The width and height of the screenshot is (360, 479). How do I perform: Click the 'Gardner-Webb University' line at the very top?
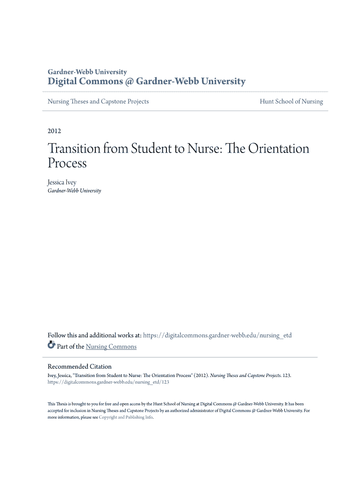click(x=87, y=72)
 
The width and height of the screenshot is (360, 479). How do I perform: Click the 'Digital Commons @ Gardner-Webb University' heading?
click(x=146, y=81)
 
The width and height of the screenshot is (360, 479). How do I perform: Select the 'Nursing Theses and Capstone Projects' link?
click(x=98, y=102)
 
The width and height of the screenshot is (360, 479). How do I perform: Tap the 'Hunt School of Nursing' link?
click(x=291, y=102)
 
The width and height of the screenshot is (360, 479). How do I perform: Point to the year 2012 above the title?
click(x=54, y=131)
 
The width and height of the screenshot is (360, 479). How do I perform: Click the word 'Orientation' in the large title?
click(x=279, y=149)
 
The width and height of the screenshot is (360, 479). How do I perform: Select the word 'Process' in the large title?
click(x=67, y=163)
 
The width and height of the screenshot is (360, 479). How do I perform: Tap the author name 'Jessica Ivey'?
click(x=62, y=182)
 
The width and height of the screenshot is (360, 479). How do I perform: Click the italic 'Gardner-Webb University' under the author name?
click(x=74, y=191)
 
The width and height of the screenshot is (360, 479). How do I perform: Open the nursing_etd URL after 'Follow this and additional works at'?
click(x=217, y=335)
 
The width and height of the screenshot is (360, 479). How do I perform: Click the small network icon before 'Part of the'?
click(x=51, y=346)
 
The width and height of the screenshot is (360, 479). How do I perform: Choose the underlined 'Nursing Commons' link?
click(x=111, y=347)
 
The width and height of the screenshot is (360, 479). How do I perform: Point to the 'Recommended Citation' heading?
click(x=79, y=366)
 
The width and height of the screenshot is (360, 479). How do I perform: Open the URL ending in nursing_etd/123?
click(x=108, y=382)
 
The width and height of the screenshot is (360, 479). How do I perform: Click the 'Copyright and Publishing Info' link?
click(x=126, y=417)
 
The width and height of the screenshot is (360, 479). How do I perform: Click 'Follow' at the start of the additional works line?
click(x=57, y=335)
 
